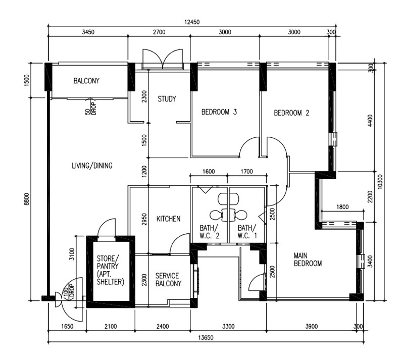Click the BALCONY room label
(86, 81)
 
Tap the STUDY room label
(167, 99)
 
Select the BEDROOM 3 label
(219, 112)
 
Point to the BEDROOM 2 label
(291, 113)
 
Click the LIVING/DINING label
(92, 166)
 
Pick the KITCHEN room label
(169, 219)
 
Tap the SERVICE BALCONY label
(168, 280)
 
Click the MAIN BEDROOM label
(308, 260)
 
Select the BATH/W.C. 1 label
(247, 232)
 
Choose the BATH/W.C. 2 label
(209, 232)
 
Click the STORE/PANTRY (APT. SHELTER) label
(110, 270)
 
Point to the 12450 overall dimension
(192, 22)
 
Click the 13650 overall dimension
(206, 338)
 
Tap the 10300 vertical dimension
(380, 182)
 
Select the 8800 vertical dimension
(27, 199)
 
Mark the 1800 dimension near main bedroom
(342, 207)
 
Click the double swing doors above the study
(163, 59)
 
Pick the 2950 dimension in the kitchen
(144, 219)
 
